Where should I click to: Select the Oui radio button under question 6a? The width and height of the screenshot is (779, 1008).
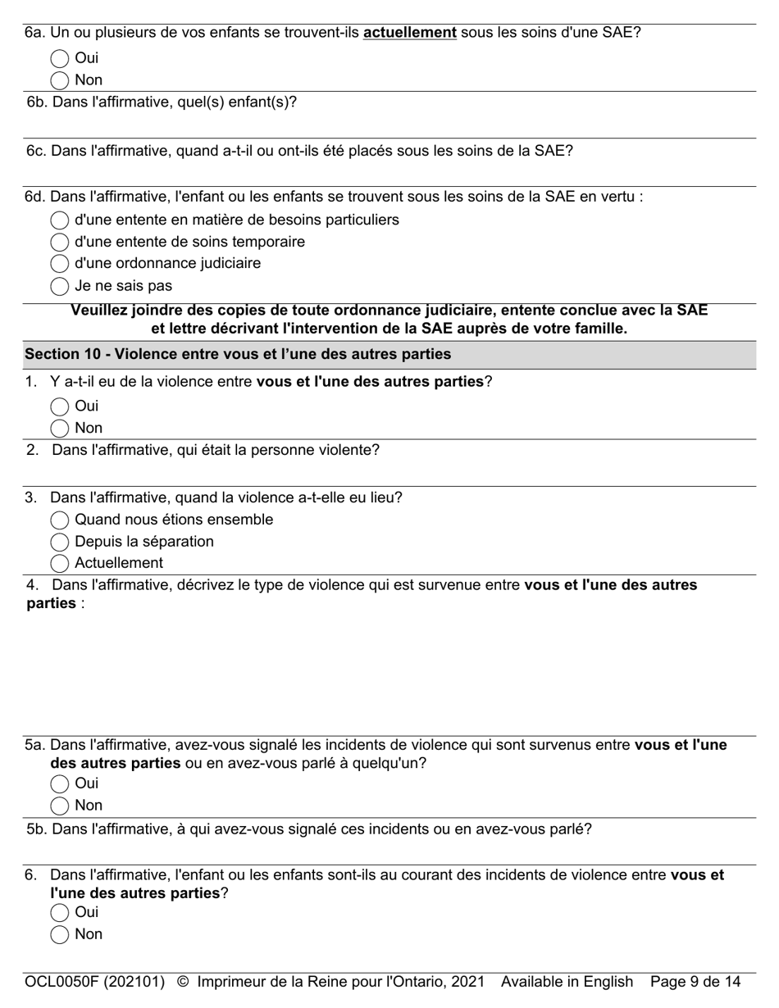(x=59, y=58)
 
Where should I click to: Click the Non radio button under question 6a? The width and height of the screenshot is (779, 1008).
(x=59, y=80)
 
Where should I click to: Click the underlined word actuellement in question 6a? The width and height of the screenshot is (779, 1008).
(x=409, y=33)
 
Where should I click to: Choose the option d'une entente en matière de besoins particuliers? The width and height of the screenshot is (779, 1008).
(x=59, y=220)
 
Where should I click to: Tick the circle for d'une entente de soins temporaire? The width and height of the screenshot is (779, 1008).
(x=59, y=243)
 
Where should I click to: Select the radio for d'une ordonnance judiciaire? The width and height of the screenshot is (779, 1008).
(x=59, y=264)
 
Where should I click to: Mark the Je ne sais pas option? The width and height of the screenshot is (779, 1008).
(x=59, y=286)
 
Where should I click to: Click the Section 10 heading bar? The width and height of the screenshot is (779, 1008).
(x=389, y=355)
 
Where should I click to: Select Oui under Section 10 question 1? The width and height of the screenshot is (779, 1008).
(x=59, y=406)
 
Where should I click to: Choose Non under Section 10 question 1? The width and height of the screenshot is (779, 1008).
(x=59, y=429)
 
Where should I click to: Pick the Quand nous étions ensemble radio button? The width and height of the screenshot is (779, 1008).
(x=59, y=520)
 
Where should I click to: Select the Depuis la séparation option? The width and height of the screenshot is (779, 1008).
(x=59, y=543)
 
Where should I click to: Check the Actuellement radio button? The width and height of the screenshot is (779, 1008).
(x=59, y=564)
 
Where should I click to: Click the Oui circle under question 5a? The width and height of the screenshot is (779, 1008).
(x=59, y=783)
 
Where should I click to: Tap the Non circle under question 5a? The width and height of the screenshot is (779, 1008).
(x=59, y=806)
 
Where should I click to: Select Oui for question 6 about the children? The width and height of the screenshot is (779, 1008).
(x=59, y=913)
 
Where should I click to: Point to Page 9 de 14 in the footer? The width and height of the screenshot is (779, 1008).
(x=695, y=982)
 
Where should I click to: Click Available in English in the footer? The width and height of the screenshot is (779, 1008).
(x=567, y=982)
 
